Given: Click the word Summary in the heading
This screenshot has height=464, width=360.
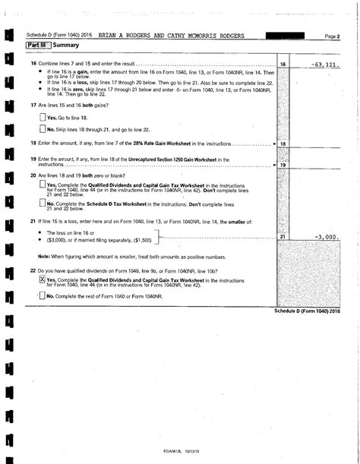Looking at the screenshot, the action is click(66, 46).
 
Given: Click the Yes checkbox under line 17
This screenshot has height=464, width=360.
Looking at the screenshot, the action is click(43, 118).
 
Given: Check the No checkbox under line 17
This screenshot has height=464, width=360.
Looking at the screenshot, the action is click(43, 130).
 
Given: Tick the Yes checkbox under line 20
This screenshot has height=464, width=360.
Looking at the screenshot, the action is click(43, 185).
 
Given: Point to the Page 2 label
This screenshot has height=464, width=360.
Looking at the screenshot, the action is click(331, 36).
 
